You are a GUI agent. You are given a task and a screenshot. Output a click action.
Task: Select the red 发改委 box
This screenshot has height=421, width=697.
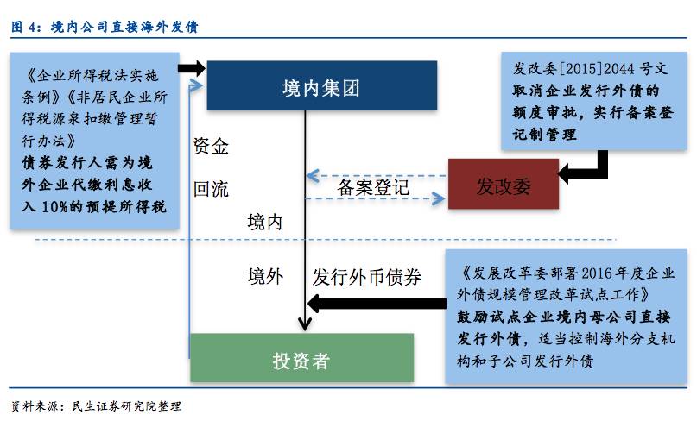tap(502, 184)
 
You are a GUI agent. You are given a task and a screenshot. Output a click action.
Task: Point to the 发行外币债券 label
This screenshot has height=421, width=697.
tap(367, 277)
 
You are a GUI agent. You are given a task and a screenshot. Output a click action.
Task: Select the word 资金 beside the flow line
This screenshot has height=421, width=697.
tap(211, 147)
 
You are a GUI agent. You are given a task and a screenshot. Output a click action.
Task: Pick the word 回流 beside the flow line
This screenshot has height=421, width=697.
tap(211, 189)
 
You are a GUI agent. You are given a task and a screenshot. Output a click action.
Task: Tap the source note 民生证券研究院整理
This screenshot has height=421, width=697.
tap(129, 405)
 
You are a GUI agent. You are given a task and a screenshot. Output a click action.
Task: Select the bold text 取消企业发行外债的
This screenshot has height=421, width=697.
tap(586, 91)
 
